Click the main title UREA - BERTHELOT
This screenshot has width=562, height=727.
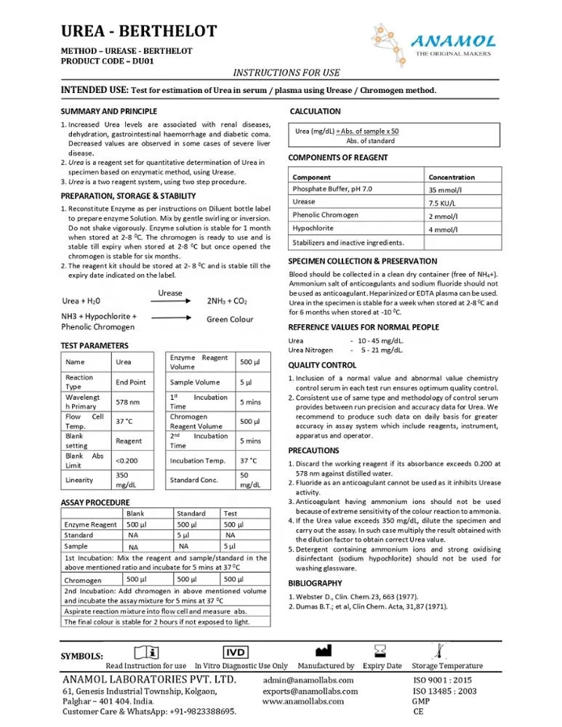coord(138,31)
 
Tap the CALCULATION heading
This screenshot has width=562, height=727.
coord(315,111)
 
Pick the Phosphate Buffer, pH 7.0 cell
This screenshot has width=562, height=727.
coord(332,189)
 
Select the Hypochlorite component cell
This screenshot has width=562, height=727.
coord(314,228)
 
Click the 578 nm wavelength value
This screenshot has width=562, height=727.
coord(128,401)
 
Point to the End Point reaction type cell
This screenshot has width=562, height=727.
coord(131,382)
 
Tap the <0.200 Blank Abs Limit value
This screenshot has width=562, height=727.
coord(127,460)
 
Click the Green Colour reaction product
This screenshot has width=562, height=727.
coord(230,319)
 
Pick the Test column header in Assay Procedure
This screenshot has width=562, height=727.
coord(230,513)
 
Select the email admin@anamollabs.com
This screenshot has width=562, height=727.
coord(309,679)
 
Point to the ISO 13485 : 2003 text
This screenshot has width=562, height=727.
coord(444,691)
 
